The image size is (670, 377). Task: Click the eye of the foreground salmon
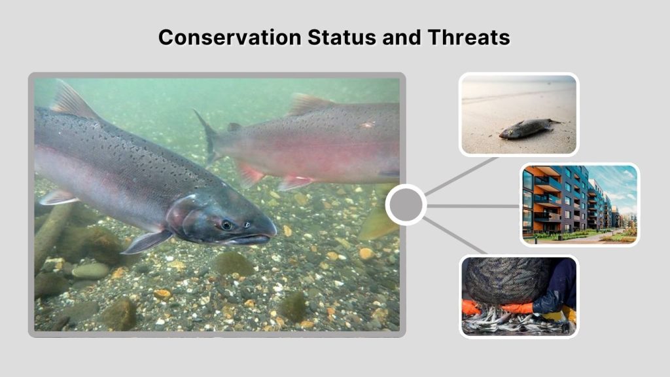[x=226, y=224]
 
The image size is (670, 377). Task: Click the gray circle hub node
[x=406, y=205]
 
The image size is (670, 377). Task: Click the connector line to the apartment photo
[x=472, y=206]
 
